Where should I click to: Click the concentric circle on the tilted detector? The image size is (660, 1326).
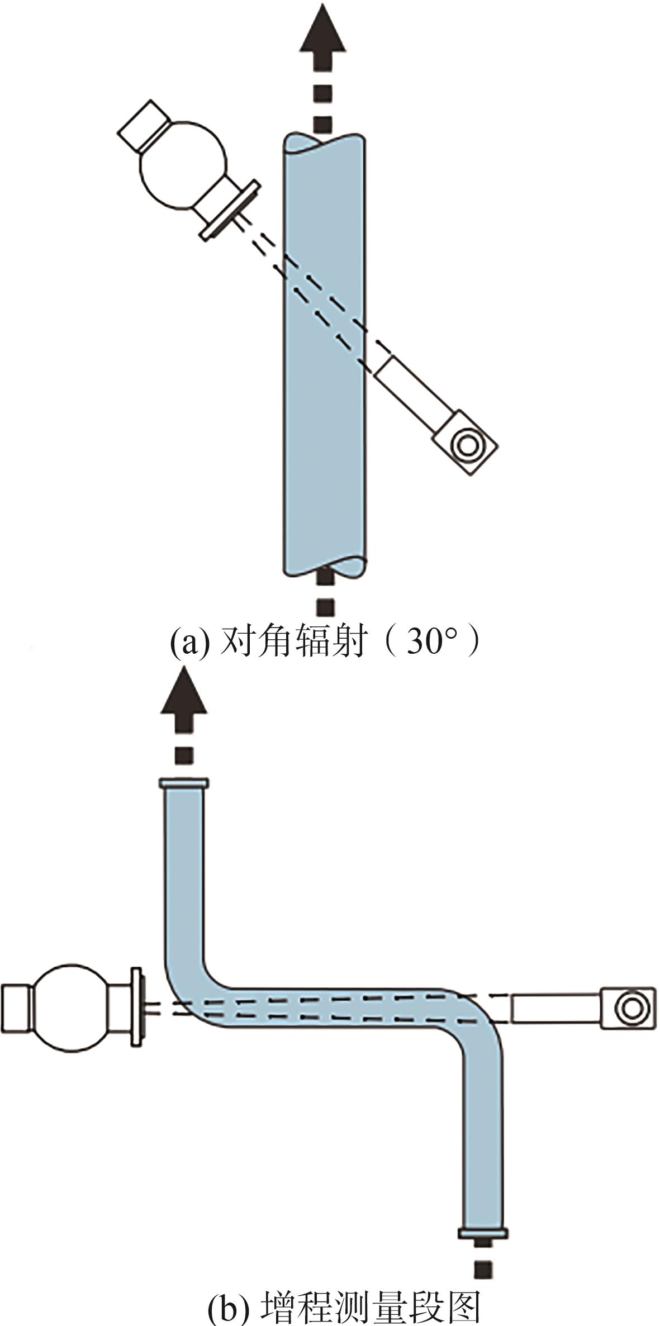[x=466, y=445]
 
